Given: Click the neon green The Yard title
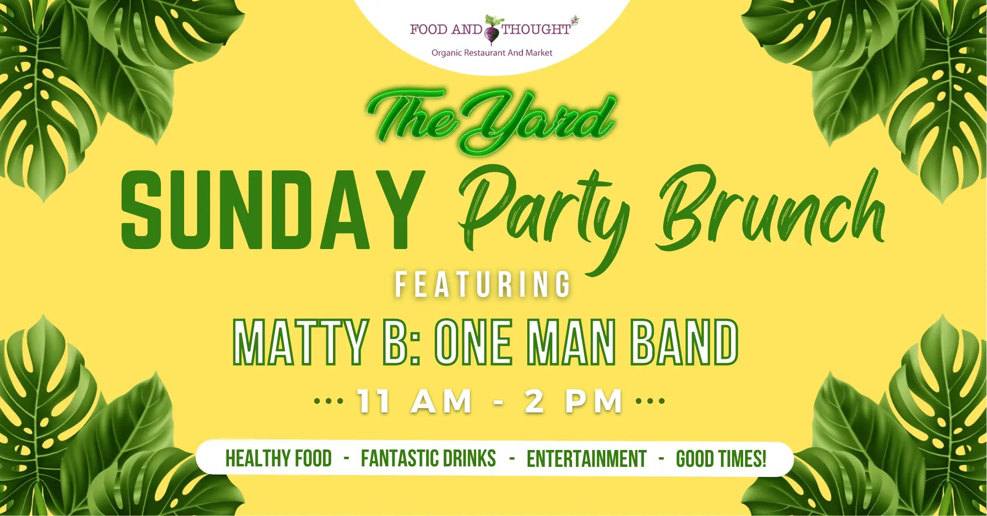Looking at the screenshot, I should tap(492, 120).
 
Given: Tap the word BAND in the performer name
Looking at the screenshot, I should tap(684, 343).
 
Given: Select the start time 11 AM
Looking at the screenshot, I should tap(414, 401).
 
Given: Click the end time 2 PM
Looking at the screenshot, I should tap(574, 401).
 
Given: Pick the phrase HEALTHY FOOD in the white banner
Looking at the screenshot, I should tap(279, 459).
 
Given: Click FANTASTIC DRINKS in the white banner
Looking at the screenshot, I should tap(428, 459).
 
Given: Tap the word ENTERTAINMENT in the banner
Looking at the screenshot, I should tap(587, 459).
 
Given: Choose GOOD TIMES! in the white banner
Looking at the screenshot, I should tap(721, 459).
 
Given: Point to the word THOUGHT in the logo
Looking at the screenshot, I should tap(536, 29).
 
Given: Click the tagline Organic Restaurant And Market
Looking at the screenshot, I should tap(492, 53).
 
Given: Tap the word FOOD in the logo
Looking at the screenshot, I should tap(429, 29).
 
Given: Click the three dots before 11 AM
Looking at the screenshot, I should tap(328, 401).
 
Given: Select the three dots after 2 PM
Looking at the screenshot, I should tap(651, 401).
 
